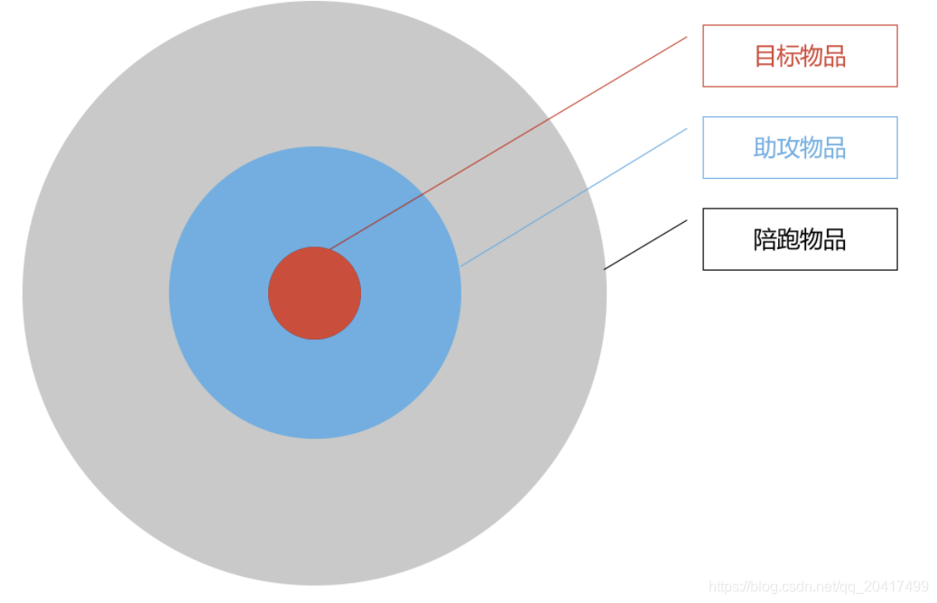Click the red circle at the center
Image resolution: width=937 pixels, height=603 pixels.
pos(314,293)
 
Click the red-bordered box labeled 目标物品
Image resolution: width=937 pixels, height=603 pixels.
pos(800,56)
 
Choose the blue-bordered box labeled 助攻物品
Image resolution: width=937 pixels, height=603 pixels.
pos(800,147)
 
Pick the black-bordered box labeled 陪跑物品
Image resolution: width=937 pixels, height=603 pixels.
pos(800,239)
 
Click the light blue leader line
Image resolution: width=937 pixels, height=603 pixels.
pos(578,195)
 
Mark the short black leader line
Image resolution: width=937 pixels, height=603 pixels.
pos(645,245)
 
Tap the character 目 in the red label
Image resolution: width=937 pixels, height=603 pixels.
pos(765,56)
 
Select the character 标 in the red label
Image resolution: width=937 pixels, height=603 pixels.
pos(788,56)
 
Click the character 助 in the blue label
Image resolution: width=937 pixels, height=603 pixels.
pos(765,148)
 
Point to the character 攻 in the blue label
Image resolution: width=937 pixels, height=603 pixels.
pos(788,148)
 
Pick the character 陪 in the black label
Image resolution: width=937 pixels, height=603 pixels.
pos(765,239)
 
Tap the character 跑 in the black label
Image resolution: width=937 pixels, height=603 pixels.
pos(788,239)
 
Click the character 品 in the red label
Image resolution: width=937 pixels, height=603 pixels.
pos(835,56)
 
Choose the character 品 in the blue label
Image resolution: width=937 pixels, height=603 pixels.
pos(835,148)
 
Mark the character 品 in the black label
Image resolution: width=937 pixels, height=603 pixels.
pos(835,239)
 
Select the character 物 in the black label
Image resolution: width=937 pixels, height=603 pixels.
pos(812,239)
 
